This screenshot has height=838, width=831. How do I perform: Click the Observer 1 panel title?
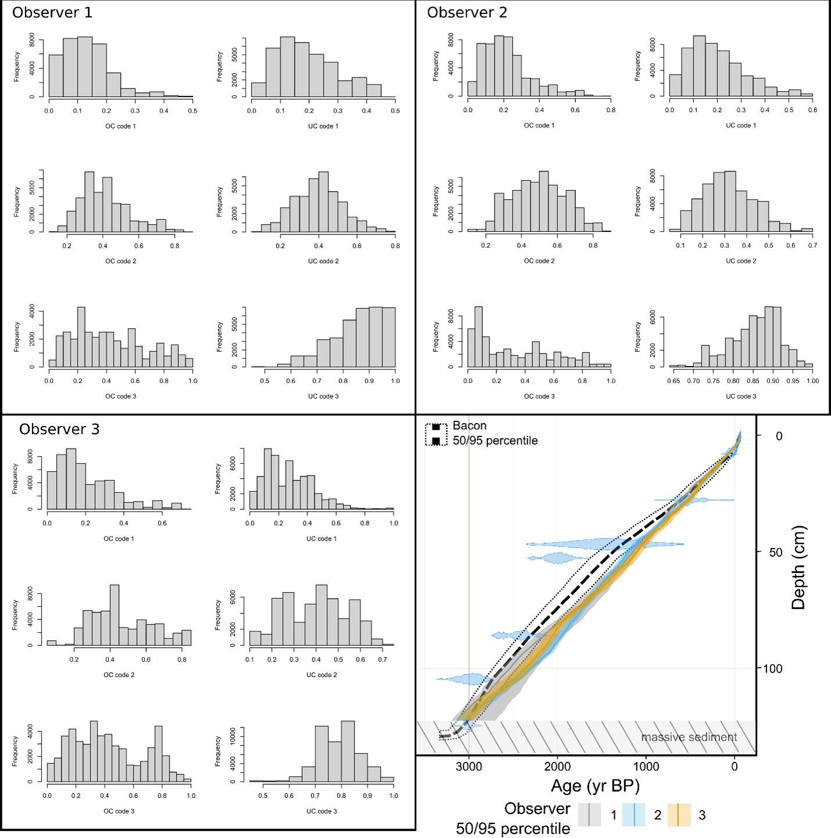[52, 13]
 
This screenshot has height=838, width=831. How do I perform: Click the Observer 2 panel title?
[467, 13]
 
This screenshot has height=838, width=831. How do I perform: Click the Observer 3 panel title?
[59, 429]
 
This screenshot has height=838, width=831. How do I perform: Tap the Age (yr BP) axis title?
[595, 786]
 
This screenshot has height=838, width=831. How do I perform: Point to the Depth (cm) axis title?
[799, 567]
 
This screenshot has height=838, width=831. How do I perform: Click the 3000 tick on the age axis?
[468, 767]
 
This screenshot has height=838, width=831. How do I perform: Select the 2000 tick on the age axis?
[557, 767]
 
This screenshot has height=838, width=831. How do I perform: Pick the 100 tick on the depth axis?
[772, 669]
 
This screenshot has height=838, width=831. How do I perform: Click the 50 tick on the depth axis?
[776, 553]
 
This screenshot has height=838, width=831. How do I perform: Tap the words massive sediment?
[689, 737]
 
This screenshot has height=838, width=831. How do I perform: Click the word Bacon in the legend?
[470, 426]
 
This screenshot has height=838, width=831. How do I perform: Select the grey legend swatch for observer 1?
[589, 815]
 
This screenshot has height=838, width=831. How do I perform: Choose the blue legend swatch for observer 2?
[633, 815]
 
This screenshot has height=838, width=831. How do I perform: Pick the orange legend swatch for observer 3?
[678, 815]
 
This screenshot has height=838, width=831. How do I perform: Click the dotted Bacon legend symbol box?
[436, 434]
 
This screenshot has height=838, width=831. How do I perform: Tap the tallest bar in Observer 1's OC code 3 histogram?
[81, 337]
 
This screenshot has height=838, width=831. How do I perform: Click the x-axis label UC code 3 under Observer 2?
[741, 396]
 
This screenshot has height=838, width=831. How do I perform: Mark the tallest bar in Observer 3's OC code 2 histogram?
[114, 615]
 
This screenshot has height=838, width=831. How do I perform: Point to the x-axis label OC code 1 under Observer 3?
[119, 539]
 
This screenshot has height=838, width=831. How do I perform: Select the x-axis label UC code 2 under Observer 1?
[323, 262]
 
